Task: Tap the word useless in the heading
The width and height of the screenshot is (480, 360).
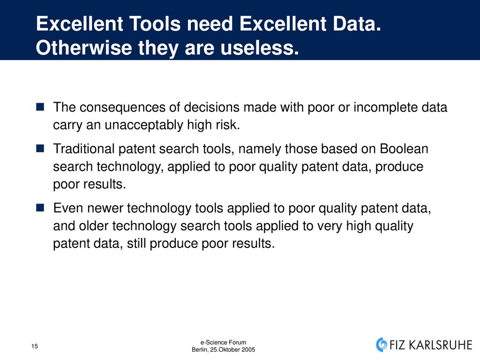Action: (260, 48)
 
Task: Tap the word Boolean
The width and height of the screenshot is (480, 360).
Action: (404, 149)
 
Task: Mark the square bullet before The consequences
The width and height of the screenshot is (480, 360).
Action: (40, 107)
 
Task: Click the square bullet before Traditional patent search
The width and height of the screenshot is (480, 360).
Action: (40, 149)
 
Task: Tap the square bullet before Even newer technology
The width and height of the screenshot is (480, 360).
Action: (40, 208)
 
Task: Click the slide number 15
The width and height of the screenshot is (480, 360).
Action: (35, 346)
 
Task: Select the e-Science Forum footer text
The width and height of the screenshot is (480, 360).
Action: (223, 343)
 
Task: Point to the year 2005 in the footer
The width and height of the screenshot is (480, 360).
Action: (249, 350)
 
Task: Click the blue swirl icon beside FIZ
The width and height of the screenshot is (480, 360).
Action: (382, 345)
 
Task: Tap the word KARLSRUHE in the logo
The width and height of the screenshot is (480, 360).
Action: (441, 345)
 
